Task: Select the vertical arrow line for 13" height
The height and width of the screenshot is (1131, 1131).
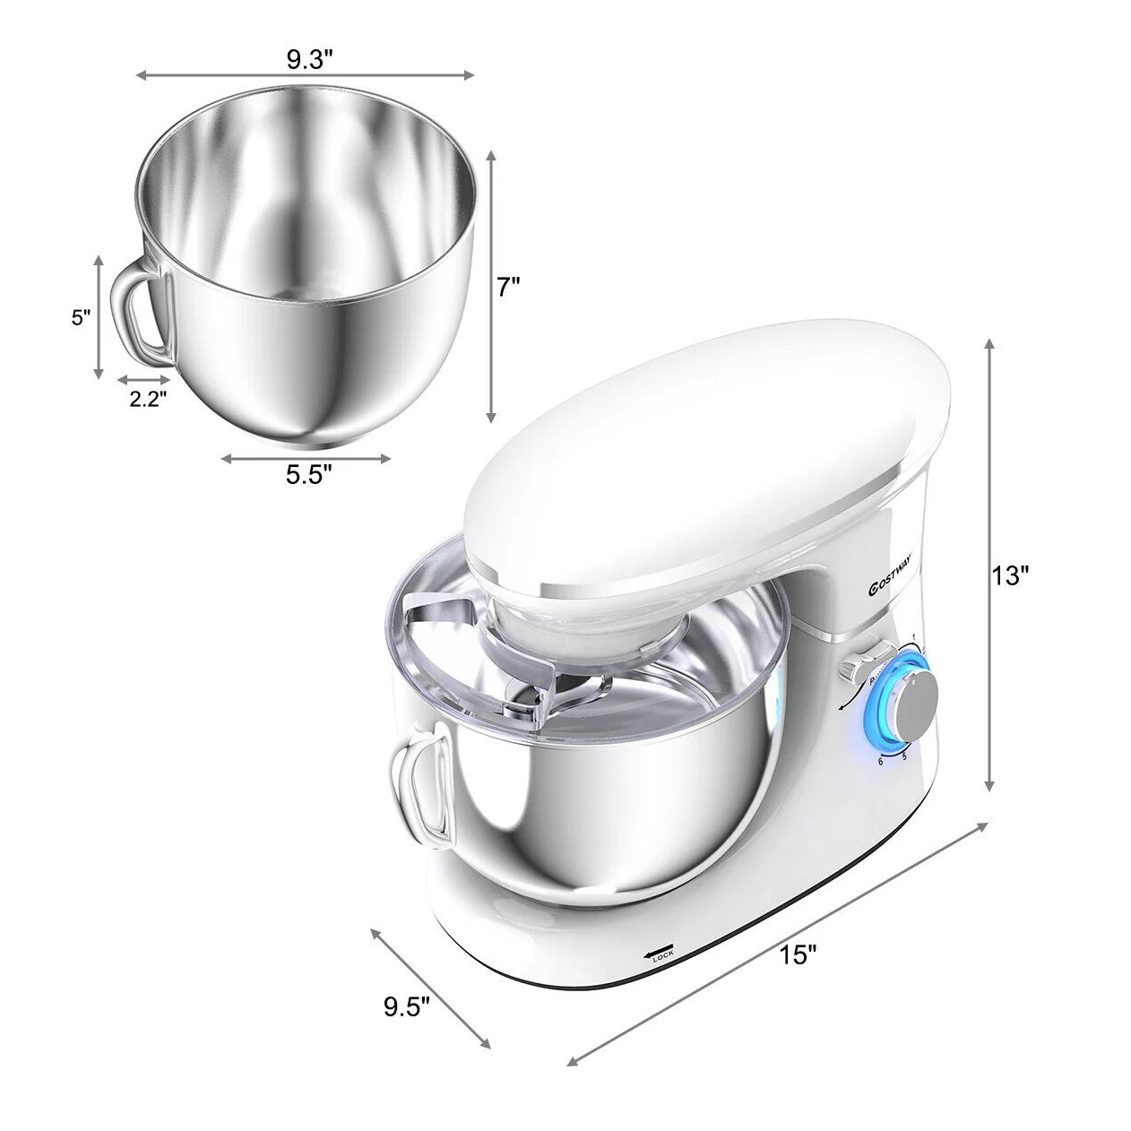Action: (989, 565)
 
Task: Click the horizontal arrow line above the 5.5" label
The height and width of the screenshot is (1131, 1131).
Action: (306, 459)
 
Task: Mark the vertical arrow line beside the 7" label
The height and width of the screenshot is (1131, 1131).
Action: (490, 287)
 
